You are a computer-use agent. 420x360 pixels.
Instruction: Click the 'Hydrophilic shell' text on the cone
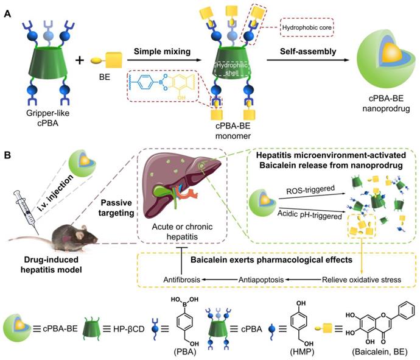231,69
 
